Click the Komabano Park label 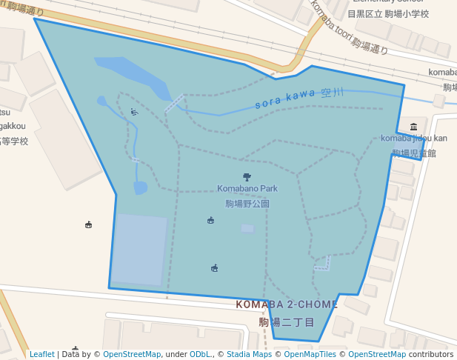247,189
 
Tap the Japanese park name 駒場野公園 247,204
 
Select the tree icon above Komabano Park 247,177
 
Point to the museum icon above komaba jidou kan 413,127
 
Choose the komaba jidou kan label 414,139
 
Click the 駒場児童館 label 414,153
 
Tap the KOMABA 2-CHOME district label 287,304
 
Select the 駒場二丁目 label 287,323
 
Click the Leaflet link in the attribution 41,355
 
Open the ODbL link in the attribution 201,355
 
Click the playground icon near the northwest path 134,113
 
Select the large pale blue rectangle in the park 139,250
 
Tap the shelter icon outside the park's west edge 89,224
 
